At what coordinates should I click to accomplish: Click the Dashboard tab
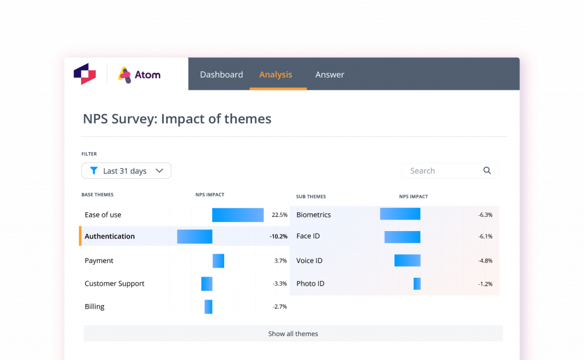coord(221,75)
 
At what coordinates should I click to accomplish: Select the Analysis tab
coord(275,75)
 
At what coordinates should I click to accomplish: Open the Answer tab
coord(330,75)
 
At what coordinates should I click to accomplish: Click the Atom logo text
coord(147,75)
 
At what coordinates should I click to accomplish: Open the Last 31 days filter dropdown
coord(126,171)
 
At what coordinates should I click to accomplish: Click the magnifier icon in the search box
coord(487,171)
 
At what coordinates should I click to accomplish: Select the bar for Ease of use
coord(238,215)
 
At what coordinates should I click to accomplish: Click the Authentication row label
coord(109,236)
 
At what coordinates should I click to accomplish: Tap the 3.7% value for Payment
coord(280,261)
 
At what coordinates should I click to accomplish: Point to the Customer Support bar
coord(207,284)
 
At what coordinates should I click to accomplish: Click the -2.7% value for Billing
coord(279,306)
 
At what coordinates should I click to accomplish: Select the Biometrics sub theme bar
coord(400,214)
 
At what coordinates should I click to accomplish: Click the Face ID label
coord(308,236)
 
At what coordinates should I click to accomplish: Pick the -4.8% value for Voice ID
coord(485,261)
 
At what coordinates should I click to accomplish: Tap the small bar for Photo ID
coord(417,284)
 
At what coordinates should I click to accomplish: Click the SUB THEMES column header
coord(311,197)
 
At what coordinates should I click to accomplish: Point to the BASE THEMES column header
coord(98,195)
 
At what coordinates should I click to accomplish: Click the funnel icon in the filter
coord(94,171)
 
